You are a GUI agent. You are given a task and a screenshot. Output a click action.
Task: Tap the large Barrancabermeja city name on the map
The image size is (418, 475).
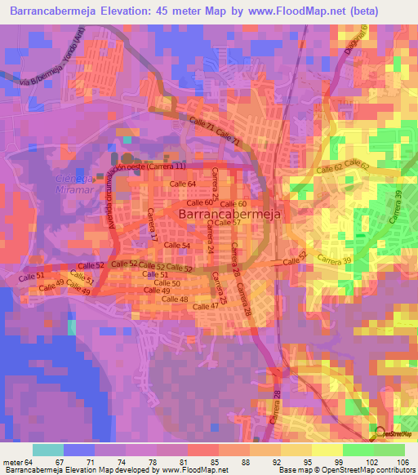(x=230, y=211)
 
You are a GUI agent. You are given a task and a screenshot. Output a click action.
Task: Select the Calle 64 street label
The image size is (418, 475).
(x=183, y=185)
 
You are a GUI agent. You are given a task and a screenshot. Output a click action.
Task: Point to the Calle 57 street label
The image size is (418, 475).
(x=227, y=223)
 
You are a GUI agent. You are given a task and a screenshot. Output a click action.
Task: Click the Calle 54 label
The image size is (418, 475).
(x=176, y=246)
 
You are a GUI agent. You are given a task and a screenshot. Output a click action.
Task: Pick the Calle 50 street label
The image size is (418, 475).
(x=166, y=283)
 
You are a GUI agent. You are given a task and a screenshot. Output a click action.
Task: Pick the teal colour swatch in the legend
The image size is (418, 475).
(x=48, y=450)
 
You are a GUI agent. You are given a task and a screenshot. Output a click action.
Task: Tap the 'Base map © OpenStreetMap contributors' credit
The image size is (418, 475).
(x=346, y=470)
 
